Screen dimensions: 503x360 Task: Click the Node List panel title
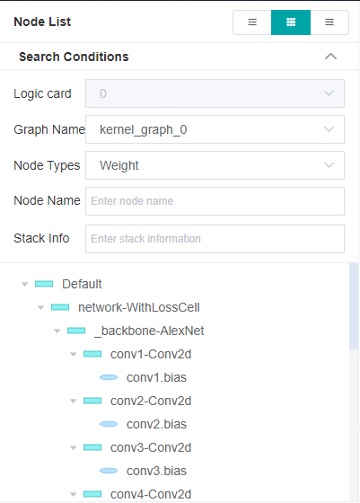coord(42,22)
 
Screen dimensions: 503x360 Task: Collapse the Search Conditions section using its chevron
coord(330,57)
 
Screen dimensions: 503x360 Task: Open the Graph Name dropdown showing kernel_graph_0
coord(215,129)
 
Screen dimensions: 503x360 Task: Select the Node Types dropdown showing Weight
coord(215,165)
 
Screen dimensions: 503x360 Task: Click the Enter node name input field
coord(215,201)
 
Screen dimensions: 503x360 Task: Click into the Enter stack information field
coord(215,239)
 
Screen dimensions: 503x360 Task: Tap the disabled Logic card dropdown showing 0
coord(215,93)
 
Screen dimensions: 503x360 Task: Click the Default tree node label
coord(82,284)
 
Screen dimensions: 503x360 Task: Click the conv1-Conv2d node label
coord(151,354)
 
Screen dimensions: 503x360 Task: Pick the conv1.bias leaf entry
coord(156,377)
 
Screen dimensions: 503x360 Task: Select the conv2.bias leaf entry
coord(156,424)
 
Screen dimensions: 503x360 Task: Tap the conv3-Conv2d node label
coord(151,447)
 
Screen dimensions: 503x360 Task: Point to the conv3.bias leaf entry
coord(156,471)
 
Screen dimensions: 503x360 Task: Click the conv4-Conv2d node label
coord(151,494)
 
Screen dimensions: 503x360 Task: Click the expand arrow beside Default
coord(25,284)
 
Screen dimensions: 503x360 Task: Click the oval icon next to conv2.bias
coord(109,424)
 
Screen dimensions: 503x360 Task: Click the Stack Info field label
coord(42,239)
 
